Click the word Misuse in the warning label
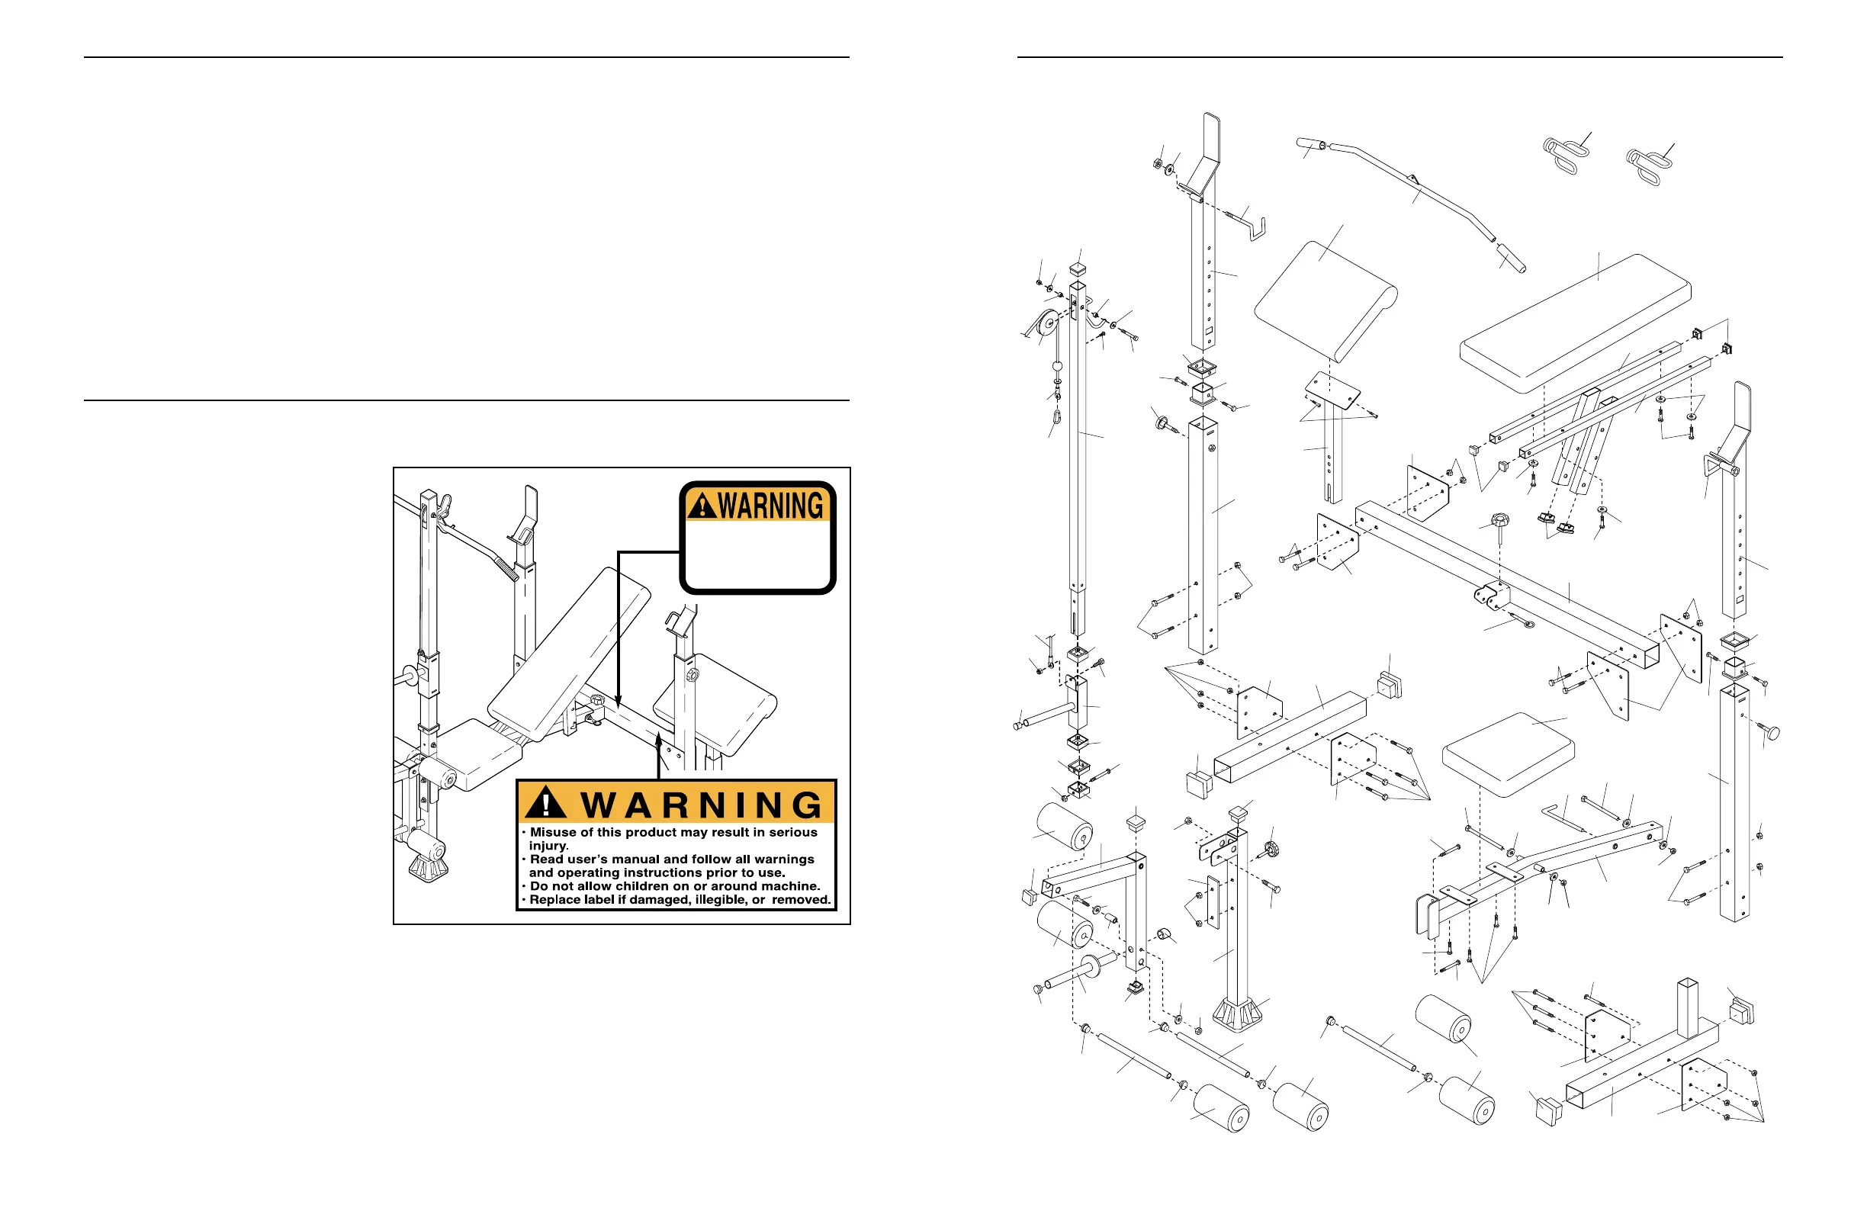pos(555,832)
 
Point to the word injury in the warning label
pos(547,846)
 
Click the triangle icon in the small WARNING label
pos(702,506)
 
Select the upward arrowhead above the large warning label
pos(659,739)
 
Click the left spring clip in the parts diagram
pos(1563,156)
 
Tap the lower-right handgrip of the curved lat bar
pos(1511,258)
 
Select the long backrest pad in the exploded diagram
pos(1575,323)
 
